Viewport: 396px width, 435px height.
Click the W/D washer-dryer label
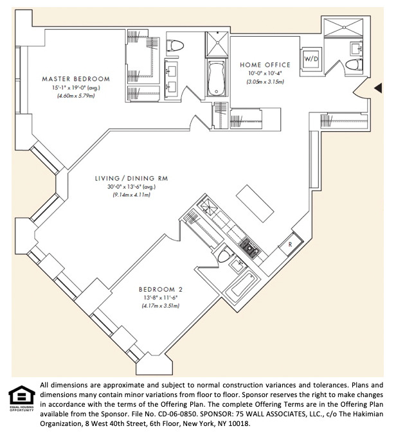[x=311, y=59]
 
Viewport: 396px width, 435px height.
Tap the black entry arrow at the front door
[x=378, y=88]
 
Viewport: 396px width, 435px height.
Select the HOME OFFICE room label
[x=265, y=65]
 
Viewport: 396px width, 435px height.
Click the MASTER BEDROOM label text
[x=76, y=79]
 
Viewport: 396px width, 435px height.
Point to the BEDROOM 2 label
[x=161, y=290]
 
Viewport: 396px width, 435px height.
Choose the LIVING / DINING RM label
[x=132, y=179]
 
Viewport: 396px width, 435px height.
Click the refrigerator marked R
[x=291, y=244]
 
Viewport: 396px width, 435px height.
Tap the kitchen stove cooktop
[x=250, y=248]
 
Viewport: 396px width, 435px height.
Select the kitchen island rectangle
[x=255, y=203]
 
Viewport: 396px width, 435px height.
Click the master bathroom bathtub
[x=217, y=78]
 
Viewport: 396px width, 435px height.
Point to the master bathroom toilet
[x=175, y=46]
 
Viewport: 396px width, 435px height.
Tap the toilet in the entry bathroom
[x=354, y=65]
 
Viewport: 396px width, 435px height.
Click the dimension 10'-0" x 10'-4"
[x=265, y=73]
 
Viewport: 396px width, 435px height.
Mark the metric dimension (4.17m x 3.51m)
[x=161, y=306]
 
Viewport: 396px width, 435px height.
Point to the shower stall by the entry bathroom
[x=343, y=27]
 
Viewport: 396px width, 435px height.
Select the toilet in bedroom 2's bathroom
[x=226, y=254]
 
